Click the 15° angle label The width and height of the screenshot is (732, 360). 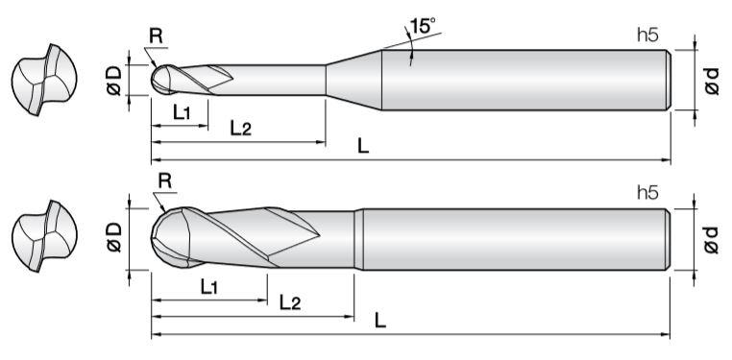[424, 26]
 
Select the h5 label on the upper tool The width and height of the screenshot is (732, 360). [648, 36]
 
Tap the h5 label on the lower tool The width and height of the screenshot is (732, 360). [648, 193]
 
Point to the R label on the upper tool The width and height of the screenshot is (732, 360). [156, 36]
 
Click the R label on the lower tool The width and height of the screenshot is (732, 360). [165, 180]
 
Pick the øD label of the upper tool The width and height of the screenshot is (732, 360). [115, 81]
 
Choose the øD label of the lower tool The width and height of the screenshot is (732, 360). [115, 237]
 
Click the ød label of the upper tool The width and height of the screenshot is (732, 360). [711, 81]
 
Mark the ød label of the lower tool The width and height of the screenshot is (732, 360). [711, 240]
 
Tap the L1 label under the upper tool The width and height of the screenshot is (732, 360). [182, 113]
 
